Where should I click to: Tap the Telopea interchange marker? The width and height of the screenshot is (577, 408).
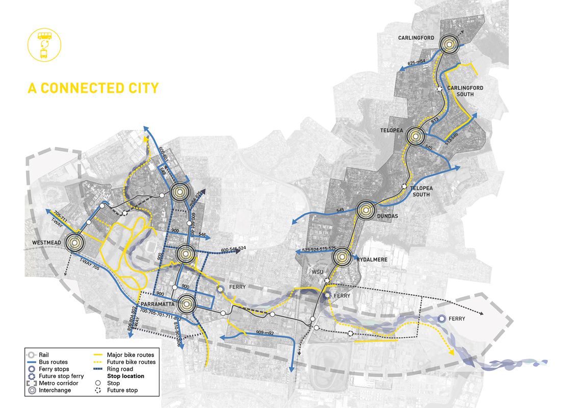416,136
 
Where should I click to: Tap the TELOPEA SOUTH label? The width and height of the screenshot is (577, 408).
422,191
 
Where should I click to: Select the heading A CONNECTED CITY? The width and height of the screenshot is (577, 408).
93,88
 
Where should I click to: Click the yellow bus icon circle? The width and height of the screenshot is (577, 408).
44,44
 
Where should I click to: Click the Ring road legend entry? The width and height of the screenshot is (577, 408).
120,369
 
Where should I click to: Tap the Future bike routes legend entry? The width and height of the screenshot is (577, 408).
131,362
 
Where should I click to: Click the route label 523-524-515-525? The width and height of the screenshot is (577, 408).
319,249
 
